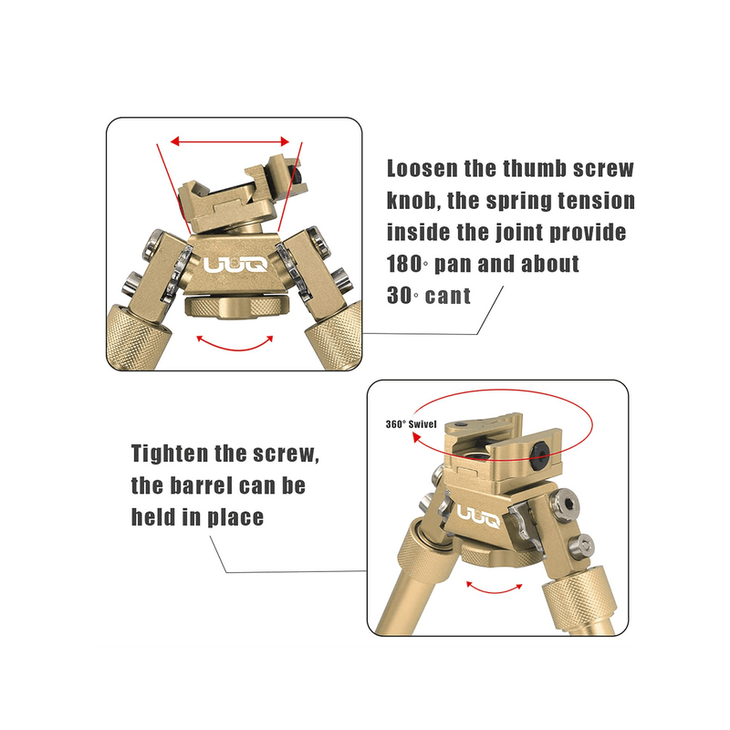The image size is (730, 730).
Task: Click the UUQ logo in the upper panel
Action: tap(235, 266)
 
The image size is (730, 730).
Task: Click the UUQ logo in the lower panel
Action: tap(478, 516)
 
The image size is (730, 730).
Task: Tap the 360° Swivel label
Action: tap(412, 424)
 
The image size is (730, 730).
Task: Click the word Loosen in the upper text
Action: tap(422, 168)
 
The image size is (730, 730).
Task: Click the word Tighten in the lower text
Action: tap(170, 453)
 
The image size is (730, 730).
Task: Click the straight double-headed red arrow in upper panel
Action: tap(230, 141)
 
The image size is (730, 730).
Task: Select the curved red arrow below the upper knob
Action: tap(235, 346)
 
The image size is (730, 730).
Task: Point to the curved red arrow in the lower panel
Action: tap(494, 589)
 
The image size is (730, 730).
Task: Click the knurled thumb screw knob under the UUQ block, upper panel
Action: tap(236, 308)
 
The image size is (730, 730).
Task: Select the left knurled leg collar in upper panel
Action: tap(138, 336)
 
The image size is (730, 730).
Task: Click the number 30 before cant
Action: tap(400, 296)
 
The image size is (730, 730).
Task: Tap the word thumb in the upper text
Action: tap(535, 168)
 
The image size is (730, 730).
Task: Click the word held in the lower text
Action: tap(153, 516)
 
